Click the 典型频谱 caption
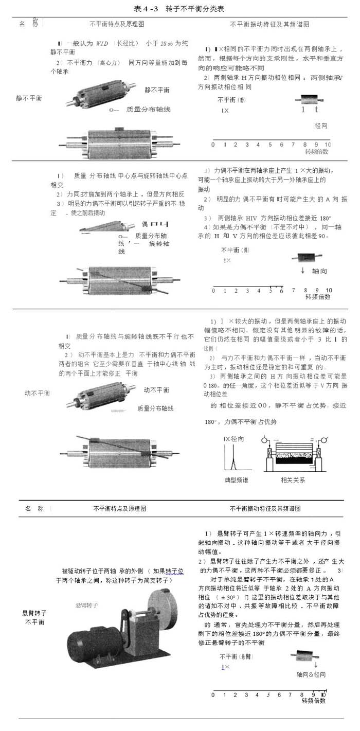pos(236,480)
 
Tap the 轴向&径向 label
pos(311,674)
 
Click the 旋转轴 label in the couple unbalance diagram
pos(159,243)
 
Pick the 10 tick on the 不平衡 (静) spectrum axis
pos(328,145)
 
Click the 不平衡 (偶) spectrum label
pos(235,250)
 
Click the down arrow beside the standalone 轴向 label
pos(303,271)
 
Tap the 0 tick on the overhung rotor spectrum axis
pos(213,694)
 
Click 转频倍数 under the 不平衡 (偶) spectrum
pos(317,297)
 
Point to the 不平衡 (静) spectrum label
pos(231,100)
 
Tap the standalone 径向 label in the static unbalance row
pos(321,126)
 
